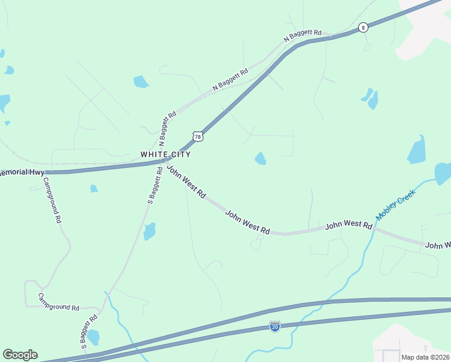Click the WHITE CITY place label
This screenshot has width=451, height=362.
pyautogui.click(x=166, y=154)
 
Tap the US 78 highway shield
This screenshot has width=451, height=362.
pyautogui.click(x=198, y=137)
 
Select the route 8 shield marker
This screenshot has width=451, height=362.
pyautogui.click(x=362, y=27)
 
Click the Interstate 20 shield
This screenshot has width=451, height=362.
pyautogui.click(x=275, y=326)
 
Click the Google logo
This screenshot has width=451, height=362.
pyautogui.click(x=20, y=355)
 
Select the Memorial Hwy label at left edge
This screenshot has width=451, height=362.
pyautogui.click(x=22, y=173)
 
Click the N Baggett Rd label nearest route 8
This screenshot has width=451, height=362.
pyautogui.click(x=303, y=36)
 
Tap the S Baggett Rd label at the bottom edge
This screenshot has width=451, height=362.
pyautogui.click(x=88, y=332)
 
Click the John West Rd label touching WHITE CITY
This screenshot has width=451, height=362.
pyautogui.click(x=187, y=183)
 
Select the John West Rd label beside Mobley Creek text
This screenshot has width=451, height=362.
pyautogui.click(x=348, y=226)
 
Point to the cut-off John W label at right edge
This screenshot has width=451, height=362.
pyautogui.click(x=438, y=246)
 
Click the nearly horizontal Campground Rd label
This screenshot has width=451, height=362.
pyautogui.click(x=58, y=302)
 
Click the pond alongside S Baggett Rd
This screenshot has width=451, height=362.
pyautogui.click(x=150, y=231)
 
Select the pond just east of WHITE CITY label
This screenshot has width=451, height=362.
pyautogui.click(x=260, y=159)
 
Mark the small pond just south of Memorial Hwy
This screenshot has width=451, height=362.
pyautogui.click(x=94, y=189)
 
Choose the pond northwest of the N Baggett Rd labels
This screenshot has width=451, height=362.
pyautogui.click(x=140, y=81)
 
